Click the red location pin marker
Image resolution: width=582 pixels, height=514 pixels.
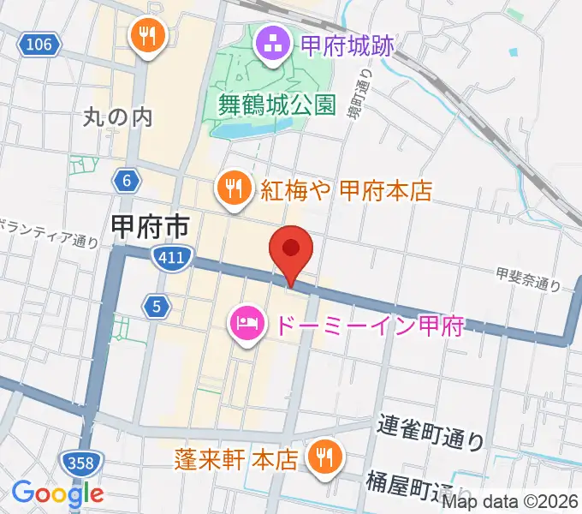[291, 251]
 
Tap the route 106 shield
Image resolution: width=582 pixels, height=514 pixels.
[39, 43]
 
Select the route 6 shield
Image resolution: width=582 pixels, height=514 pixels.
[126, 180]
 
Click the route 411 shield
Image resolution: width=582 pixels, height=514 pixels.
[172, 257]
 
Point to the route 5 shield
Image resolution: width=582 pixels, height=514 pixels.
[155, 306]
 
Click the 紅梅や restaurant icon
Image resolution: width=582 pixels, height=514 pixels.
[233, 188]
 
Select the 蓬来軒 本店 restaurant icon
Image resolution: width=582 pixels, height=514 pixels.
[324, 456]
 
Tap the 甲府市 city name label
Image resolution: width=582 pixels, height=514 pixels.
[150, 226]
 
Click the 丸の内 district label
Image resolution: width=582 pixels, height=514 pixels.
[118, 117]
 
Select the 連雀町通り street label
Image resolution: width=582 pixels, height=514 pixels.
[431, 432]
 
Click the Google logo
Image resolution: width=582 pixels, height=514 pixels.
[57, 493]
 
